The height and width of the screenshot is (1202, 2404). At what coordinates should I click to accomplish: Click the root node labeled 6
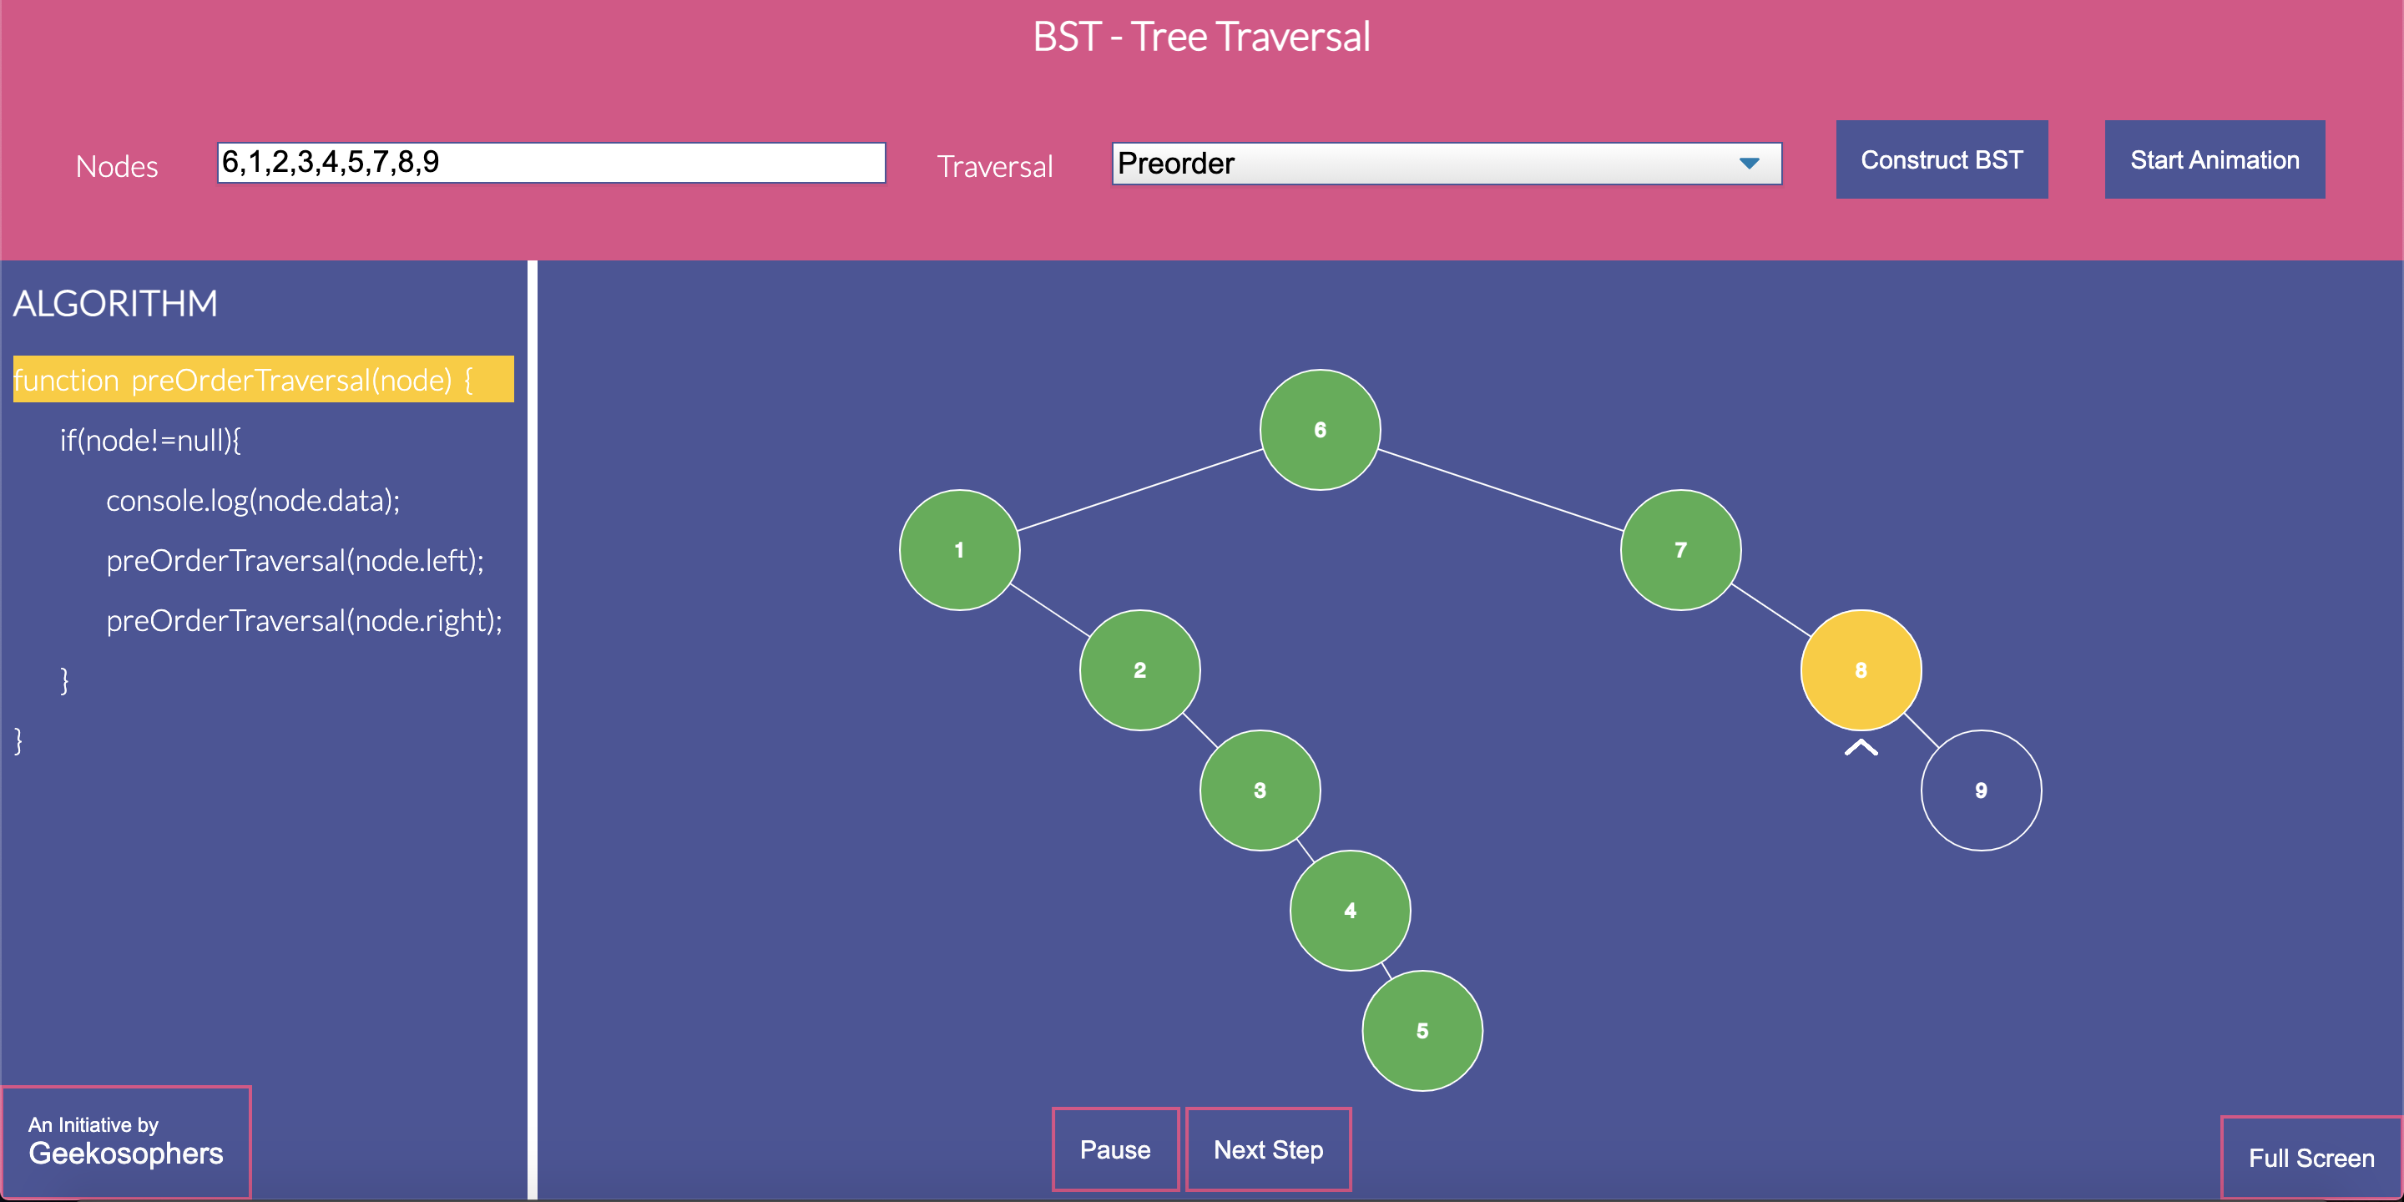[x=1320, y=429]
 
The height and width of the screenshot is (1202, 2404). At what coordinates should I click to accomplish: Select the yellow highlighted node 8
[x=1861, y=670]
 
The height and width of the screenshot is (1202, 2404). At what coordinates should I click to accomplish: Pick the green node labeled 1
[x=959, y=550]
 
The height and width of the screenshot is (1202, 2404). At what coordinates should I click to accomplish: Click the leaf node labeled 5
[x=1422, y=1030]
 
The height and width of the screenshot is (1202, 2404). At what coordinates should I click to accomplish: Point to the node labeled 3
[x=1260, y=790]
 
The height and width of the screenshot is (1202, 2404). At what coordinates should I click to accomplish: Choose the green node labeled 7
[x=1681, y=550]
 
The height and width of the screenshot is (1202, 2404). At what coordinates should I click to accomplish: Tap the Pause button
[x=1115, y=1149]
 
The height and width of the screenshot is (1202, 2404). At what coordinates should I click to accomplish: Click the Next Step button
[x=1268, y=1149]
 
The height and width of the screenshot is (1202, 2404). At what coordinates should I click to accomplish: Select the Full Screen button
[x=2311, y=1158]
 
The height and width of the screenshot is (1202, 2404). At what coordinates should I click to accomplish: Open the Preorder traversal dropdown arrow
[x=1749, y=164]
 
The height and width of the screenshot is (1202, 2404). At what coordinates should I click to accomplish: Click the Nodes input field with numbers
[x=551, y=163]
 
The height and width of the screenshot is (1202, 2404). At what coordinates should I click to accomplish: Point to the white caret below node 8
[x=1861, y=746]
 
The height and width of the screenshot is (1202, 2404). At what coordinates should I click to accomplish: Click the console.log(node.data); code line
[x=253, y=501]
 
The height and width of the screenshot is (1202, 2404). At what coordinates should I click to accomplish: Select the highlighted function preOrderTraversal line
[x=263, y=379]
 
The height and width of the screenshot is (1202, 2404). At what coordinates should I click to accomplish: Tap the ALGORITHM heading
[x=115, y=303]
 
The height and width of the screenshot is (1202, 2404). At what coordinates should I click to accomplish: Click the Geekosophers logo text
[x=126, y=1154]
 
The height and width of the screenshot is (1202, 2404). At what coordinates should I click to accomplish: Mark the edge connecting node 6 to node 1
[x=1139, y=490]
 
